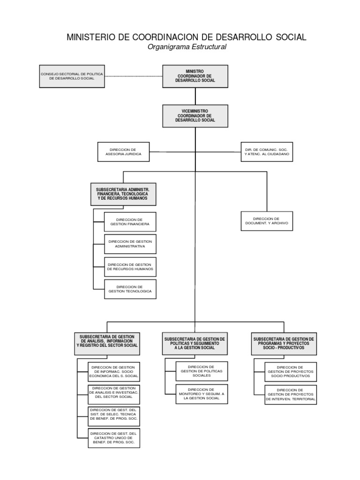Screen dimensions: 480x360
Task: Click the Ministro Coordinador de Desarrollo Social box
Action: [x=195, y=76]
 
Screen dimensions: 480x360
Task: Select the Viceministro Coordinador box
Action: [x=195, y=116]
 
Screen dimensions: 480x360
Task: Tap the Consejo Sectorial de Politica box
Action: [x=72, y=76]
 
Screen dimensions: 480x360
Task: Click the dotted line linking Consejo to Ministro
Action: [x=133, y=75]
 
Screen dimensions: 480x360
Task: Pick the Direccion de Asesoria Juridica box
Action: [x=124, y=151]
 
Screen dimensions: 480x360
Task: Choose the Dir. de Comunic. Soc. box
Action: [x=267, y=151]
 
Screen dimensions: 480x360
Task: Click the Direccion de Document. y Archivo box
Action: [x=267, y=222]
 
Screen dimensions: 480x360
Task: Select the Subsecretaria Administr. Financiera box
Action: [x=123, y=194]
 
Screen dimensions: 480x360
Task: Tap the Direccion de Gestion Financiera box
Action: [x=130, y=222]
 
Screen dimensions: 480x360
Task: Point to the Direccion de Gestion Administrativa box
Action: [x=130, y=244]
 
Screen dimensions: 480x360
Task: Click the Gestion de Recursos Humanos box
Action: [x=130, y=267]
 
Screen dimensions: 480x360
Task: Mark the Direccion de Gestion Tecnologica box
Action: [x=130, y=289]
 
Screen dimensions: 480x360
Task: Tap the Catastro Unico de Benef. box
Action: [x=114, y=438]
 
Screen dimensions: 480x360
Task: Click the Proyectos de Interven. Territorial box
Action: [x=290, y=393]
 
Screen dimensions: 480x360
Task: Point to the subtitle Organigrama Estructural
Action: [x=187, y=47]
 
